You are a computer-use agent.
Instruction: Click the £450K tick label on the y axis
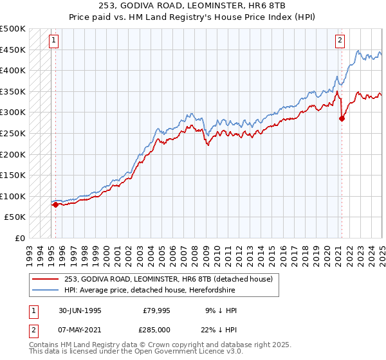(x=14, y=50)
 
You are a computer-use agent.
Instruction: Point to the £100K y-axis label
(x=14, y=196)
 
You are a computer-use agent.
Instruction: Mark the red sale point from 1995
(x=55, y=204)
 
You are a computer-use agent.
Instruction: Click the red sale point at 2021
(x=342, y=118)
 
